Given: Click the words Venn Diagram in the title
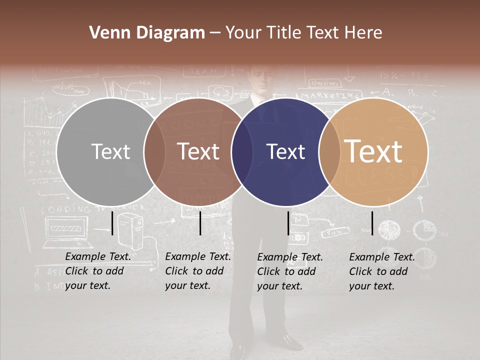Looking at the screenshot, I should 147,33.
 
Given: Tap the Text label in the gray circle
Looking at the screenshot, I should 110,151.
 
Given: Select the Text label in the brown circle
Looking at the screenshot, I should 198,151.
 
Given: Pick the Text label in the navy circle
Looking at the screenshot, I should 285,151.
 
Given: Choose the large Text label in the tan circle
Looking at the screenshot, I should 373,151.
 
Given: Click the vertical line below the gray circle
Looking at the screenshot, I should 112,223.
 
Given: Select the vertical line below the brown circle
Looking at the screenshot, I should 200,223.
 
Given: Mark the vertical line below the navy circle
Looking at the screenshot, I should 288,223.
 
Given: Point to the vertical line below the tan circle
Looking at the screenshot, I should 372,223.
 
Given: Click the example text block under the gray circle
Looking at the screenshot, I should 98,271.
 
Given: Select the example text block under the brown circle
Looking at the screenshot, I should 198,271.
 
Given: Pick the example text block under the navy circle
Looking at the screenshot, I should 290,271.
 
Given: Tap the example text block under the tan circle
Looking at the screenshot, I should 382,271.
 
